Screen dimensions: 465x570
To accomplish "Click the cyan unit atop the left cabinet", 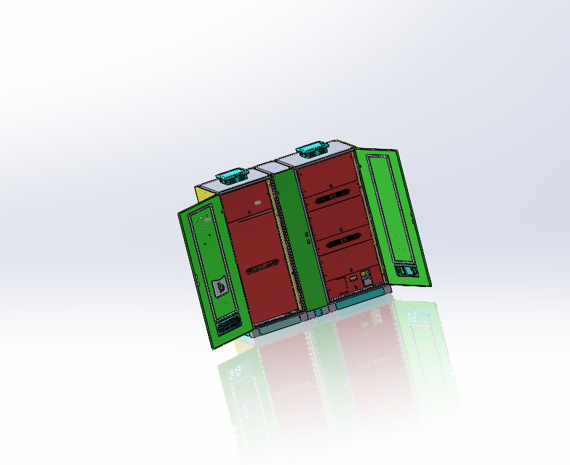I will [231, 177].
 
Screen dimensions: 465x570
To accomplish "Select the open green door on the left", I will [214, 276].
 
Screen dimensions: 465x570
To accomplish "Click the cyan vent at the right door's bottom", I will [407, 270].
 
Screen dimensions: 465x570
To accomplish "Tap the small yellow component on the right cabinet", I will [353, 278].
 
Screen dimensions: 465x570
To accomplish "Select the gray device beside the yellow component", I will [366, 276].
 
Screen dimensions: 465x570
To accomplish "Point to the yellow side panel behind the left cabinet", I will [198, 194].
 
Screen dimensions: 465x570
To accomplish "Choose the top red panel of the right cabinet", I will [327, 174].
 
